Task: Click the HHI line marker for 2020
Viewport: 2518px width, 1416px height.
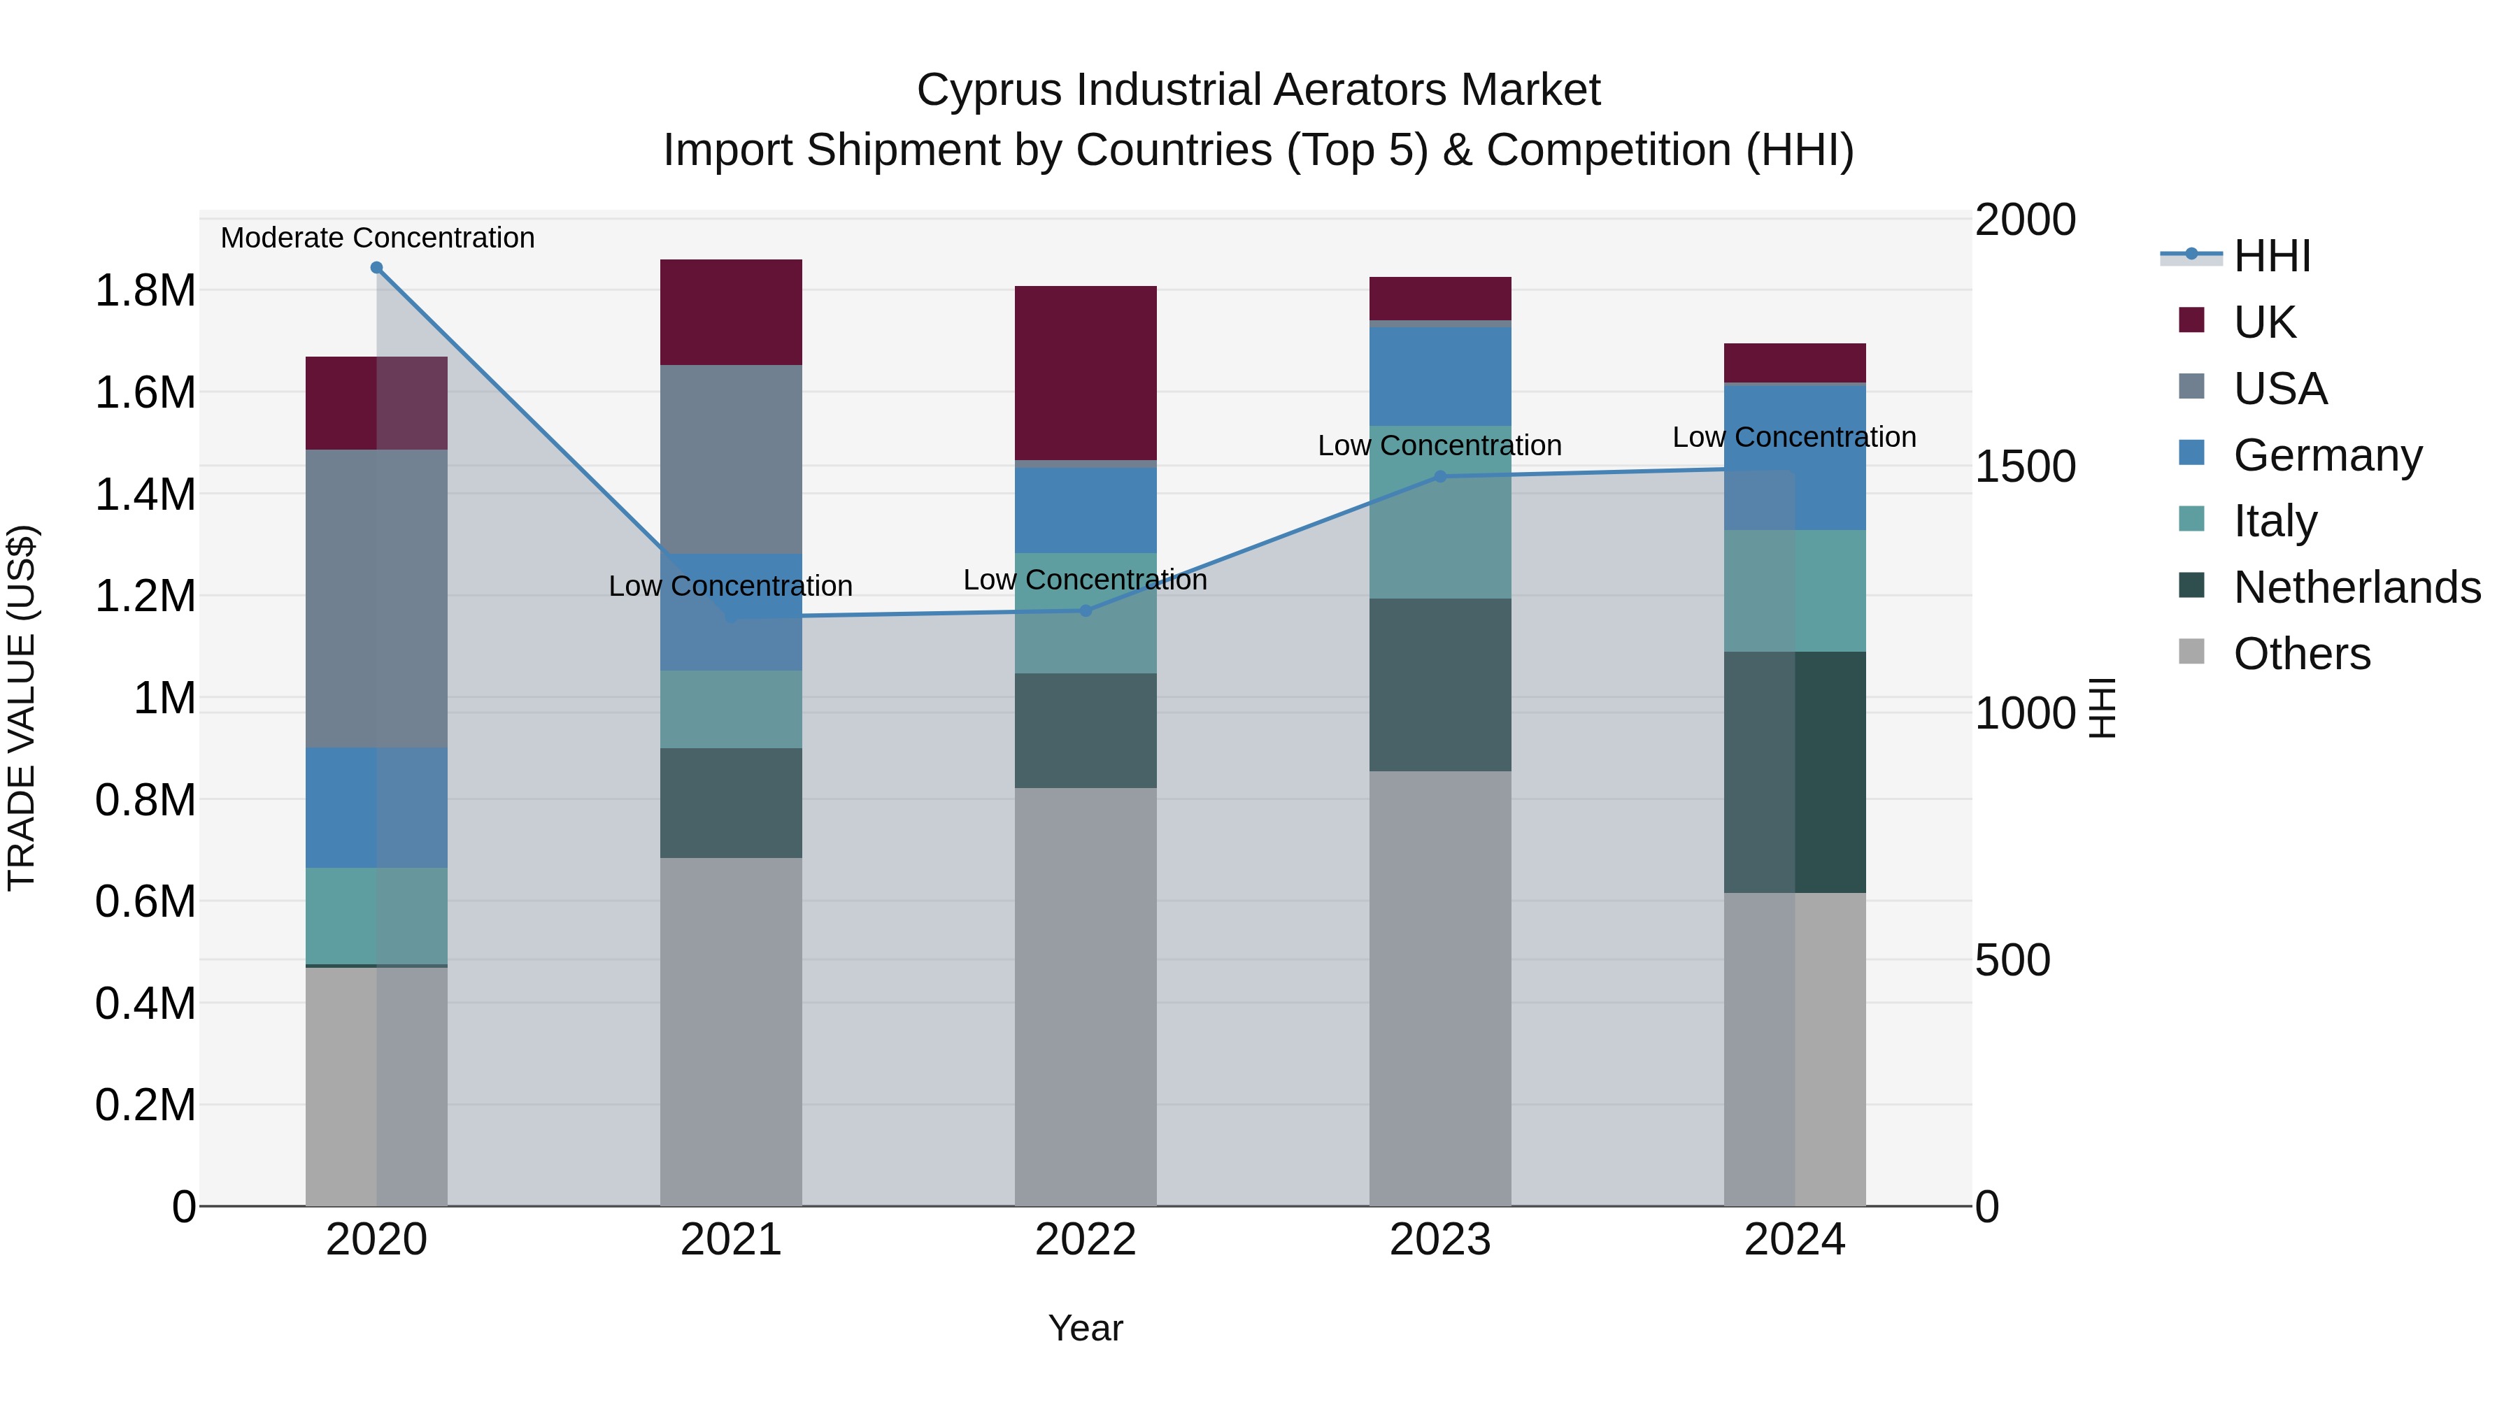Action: pyautogui.click(x=376, y=268)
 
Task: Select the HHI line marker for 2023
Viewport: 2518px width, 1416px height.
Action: pyautogui.click(x=1440, y=477)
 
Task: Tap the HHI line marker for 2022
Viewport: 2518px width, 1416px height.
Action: pyautogui.click(x=1085, y=610)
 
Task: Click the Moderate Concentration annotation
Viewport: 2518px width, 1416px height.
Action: pyautogui.click(x=377, y=238)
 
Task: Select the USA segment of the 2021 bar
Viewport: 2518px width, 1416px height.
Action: pyautogui.click(x=731, y=459)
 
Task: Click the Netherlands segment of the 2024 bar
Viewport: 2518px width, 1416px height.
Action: pyautogui.click(x=1795, y=772)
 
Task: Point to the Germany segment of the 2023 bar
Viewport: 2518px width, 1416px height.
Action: pyautogui.click(x=1440, y=376)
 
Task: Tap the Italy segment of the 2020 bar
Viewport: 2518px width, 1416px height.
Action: pyautogui.click(x=376, y=915)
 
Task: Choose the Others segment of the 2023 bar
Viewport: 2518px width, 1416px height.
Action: pyautogui.click(x=1440, y=987)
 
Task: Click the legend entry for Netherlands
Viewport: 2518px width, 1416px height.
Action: pyautogui.click(x=2356, y=587)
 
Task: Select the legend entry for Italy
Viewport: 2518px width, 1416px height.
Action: pyautogui.click(x=2275, y=521)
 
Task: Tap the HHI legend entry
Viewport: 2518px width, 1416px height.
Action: pyautogui.click(x=2272, y=256)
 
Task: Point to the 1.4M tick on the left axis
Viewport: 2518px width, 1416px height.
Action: pyautogui.click(x=145, y=494)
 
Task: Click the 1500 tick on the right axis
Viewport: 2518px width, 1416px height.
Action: pyautogui.click(x=2024, y=466)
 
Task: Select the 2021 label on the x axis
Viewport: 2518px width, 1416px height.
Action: pyautogui.click(x=731, y=1240)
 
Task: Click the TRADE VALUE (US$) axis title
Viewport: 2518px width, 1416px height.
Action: pyautogui.click(x=22, y=708)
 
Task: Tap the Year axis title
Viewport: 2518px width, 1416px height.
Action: pyautogui.click(x=1085, y=1328)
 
